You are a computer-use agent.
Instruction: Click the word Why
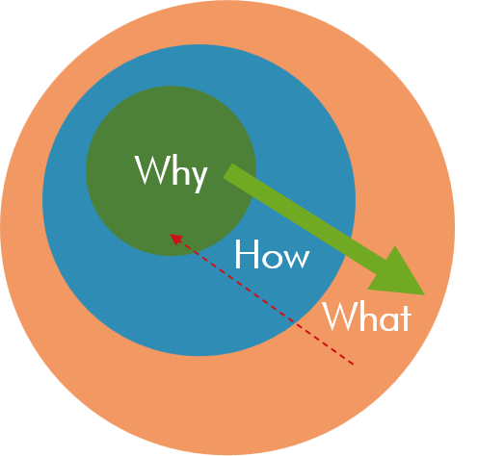[x=172, y=173]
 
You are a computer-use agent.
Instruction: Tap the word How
[x=272, y=254]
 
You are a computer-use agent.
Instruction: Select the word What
[x=367, y=317]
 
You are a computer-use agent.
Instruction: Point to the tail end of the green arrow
[x=227, y=171]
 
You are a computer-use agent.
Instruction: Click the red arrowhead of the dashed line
[x=175, y=239]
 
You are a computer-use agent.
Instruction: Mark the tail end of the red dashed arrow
[x=354, y=365]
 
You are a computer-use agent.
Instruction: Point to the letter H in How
[x=247, y=254]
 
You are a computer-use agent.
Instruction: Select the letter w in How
[x=296, y=258]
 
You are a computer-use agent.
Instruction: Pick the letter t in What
[x=406, y=318]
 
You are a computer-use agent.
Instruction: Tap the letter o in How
[x=271, y=258]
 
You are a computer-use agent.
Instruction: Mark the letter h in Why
[x=176, y=170]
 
